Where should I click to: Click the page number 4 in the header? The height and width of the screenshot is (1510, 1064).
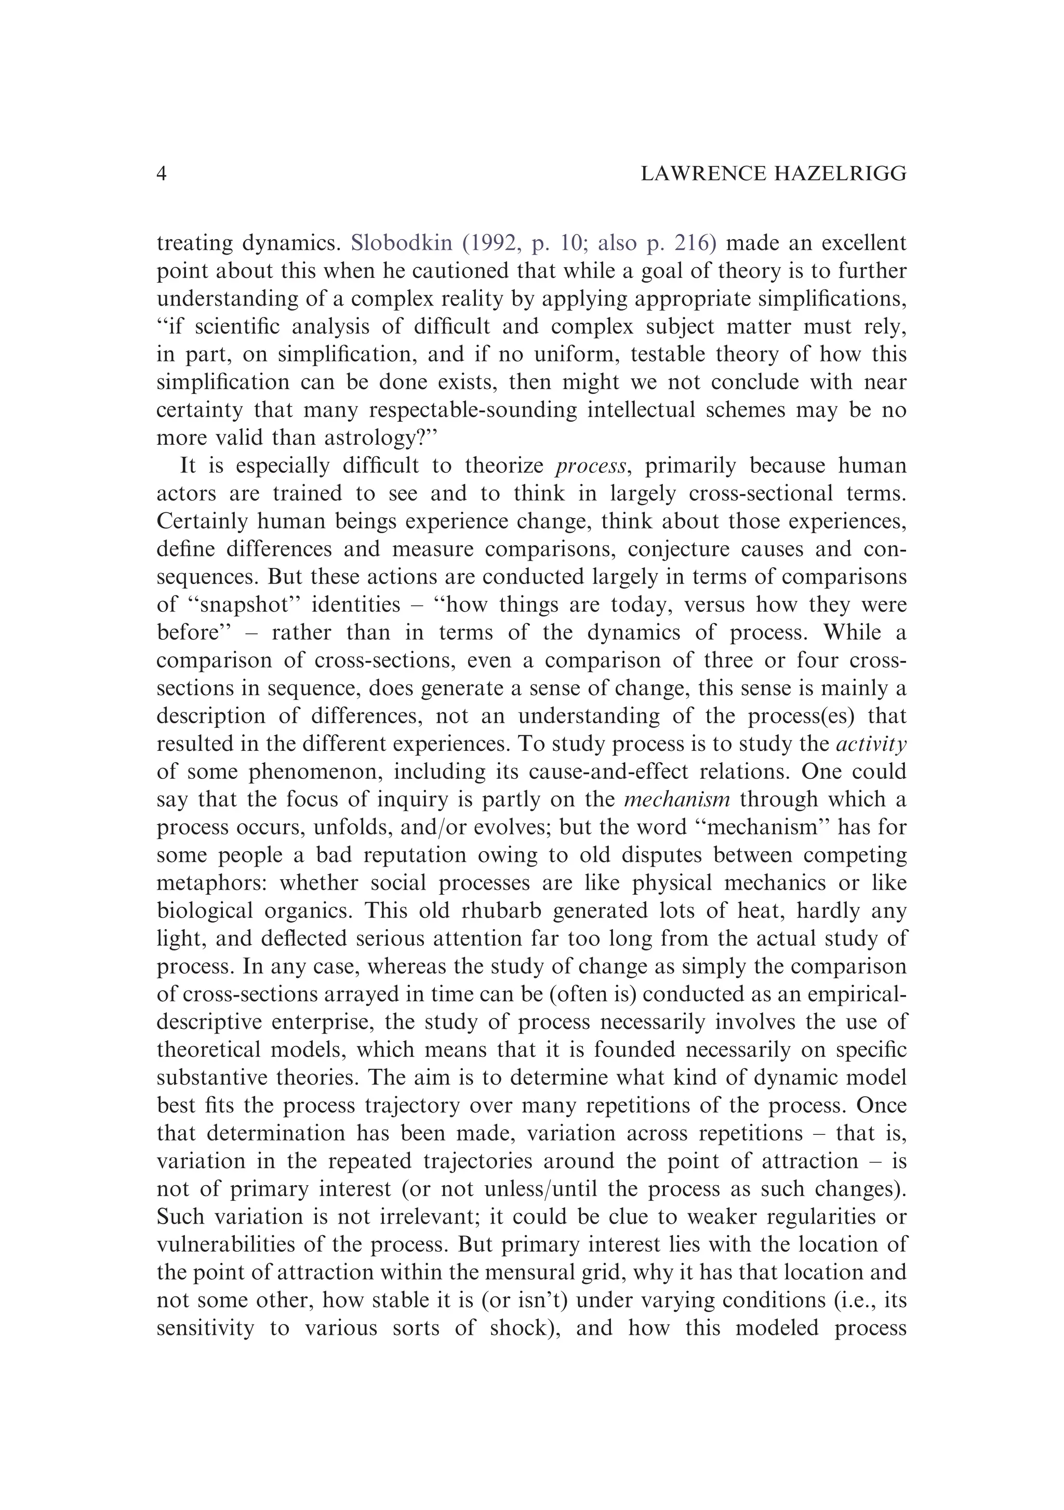pyautogui.click(x=162, y=174)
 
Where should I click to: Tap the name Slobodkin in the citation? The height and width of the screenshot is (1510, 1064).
pyautogui.click(x=402, y=243)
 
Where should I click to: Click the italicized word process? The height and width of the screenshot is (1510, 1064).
pyautogui.click(x=590, y=466)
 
